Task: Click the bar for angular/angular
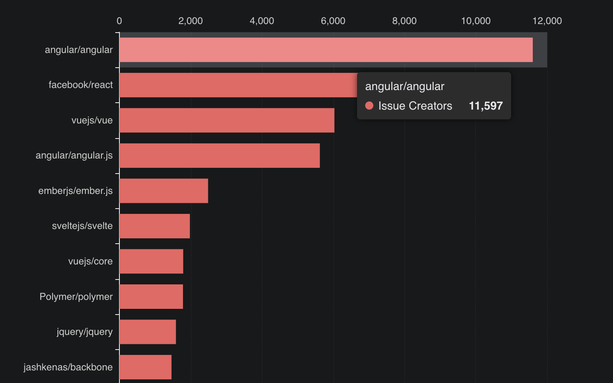point(326,50)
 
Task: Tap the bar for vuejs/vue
point(227,120)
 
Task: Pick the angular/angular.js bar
point(219,156)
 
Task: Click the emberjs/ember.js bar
point(163,191)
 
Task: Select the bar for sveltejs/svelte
point(154,226)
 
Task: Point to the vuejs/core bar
point(151,261)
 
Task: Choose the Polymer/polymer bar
point(151,297)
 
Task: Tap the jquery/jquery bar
point(148,332)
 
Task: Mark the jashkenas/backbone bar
point(146,367)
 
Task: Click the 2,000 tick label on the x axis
point(190,21)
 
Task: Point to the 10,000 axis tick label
point(476,21)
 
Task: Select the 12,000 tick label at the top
point(547,21)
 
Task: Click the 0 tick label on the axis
point(119,21)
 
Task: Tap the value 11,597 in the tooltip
point(485,106)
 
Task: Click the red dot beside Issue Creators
point(369,106)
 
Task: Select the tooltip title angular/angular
point(405,86)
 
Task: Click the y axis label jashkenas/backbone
point(68,367)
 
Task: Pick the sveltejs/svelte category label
point(82,226)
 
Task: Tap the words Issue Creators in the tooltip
point(415,106)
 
